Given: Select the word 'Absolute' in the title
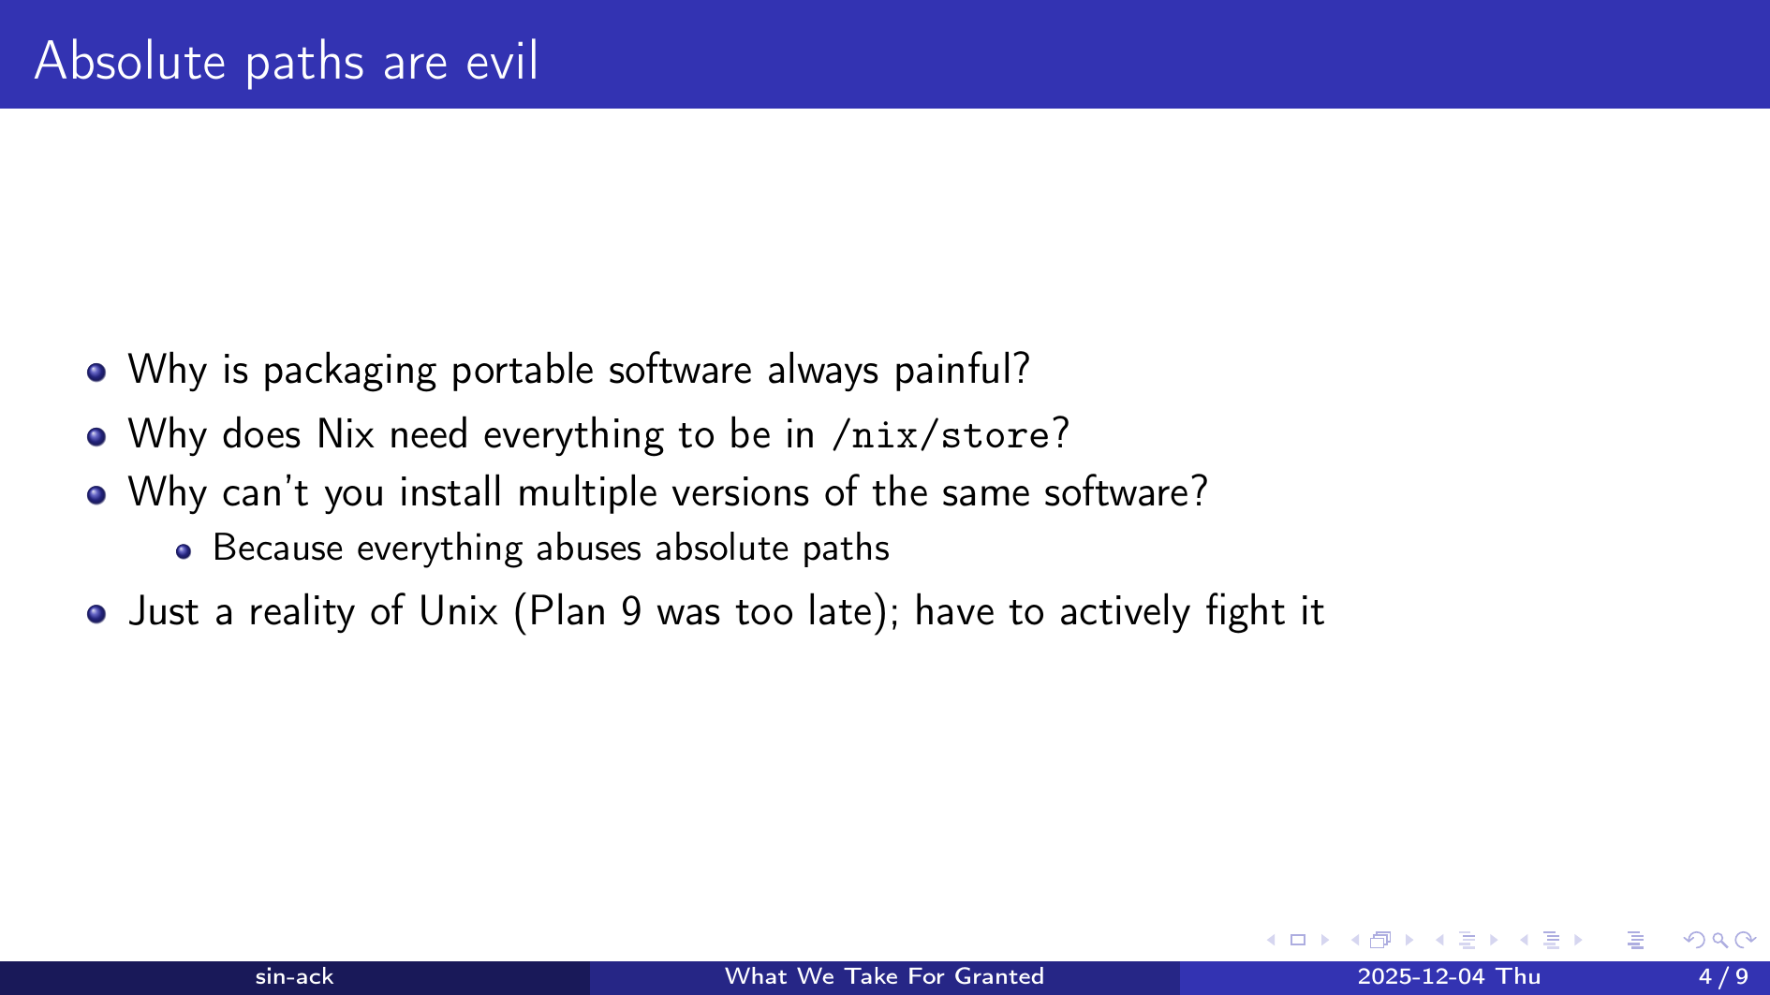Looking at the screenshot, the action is [x=130, y=62].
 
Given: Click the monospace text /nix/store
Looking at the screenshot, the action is [x=940, y=435].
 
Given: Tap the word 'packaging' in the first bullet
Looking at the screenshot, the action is [x=349, y=371].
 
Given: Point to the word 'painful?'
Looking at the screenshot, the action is [x=962, y=370].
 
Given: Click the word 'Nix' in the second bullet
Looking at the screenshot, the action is [x=346, y=434].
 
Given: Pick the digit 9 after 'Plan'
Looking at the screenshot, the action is [x=631, y=611].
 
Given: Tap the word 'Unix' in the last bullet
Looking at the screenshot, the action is [x=458, y=611].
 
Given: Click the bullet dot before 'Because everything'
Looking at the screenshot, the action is [x=184, y=552].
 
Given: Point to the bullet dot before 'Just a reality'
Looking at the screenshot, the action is [x=96, y=614].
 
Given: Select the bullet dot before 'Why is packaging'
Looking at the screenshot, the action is [x=96, y=373].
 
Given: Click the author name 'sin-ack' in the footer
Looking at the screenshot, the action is [x=294, y=976].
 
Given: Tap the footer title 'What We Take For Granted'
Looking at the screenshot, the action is [x=884, y=976].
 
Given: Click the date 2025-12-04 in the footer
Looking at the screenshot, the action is [x=1422, y=976].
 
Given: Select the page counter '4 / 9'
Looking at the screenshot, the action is [x=1723, y=976].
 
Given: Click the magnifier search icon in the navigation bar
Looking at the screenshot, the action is [x=1719, y=940].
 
